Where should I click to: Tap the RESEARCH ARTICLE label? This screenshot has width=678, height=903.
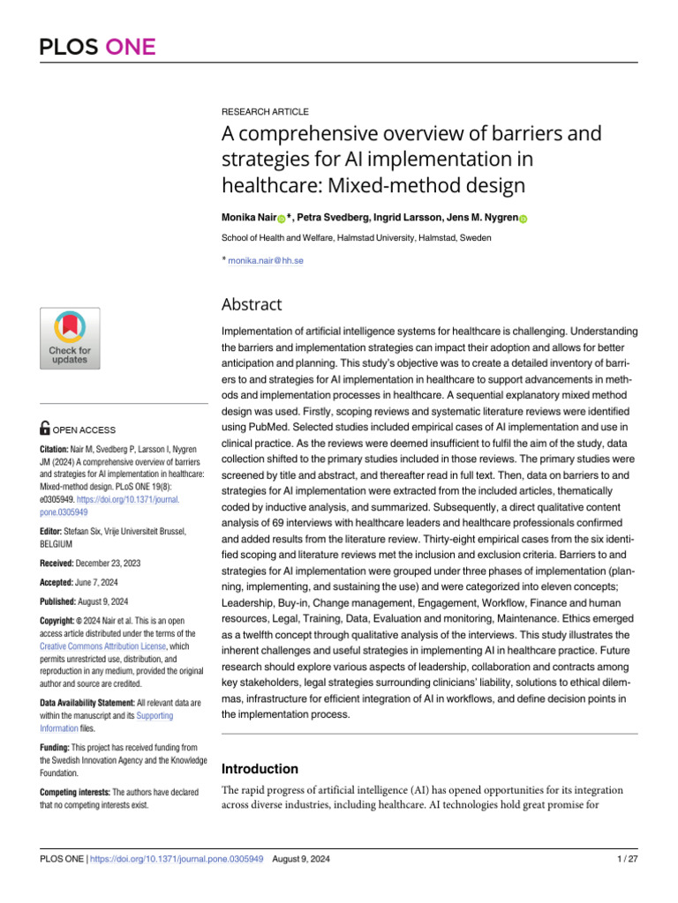tap(264, 112)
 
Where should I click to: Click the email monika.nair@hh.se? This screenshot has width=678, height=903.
tap(265, 260)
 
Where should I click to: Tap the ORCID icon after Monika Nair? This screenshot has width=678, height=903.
tap(281, 219)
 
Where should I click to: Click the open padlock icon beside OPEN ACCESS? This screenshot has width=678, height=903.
tap(46, 429)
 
